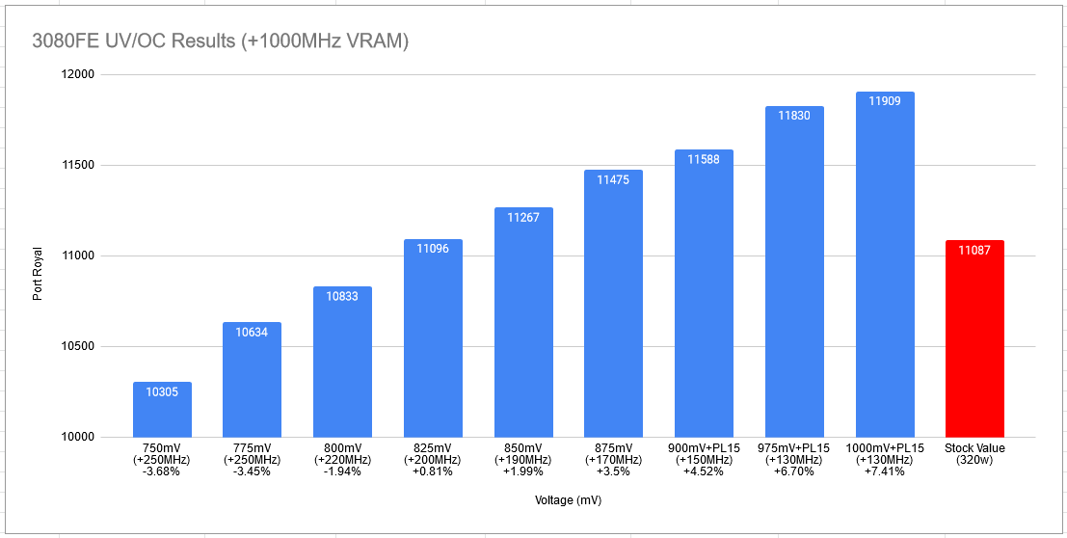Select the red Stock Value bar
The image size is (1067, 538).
[x=974, y=347]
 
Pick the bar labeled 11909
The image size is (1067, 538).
[x=885, y=270]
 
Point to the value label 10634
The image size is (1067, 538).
[x=253, y=332]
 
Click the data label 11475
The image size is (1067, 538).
[x=614, y=179]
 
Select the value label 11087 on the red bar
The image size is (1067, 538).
[x=974, y=250]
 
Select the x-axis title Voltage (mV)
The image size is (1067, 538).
[x=569, y=500]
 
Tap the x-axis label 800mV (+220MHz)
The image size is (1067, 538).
[x=342, y=454]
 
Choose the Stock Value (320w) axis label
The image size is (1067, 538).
[x=974, y=454]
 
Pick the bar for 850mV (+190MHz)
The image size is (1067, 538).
[x=523, y=328]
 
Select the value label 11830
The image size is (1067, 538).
[x=794, y=115]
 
